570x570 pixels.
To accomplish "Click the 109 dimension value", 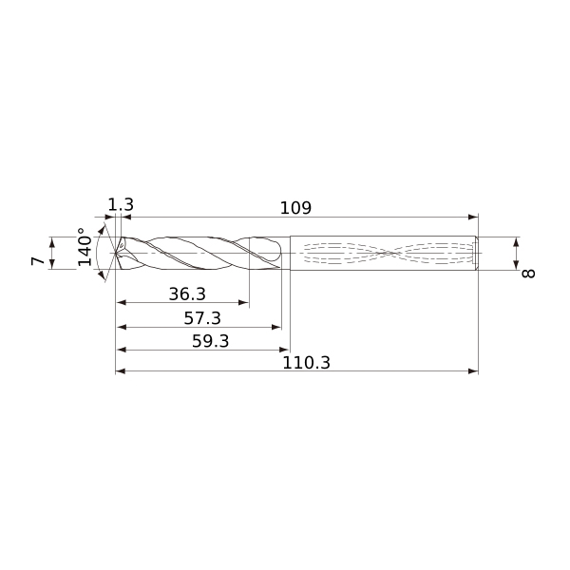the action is (x=295, y=208).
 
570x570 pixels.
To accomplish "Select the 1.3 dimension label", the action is (x=121, y=204).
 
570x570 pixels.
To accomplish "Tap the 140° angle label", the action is (x=85, y=247).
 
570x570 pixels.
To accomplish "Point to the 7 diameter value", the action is (x=38, y=260).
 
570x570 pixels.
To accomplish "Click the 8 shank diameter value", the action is (x=528, y=274).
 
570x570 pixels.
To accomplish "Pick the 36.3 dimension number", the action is (x=187, y=294).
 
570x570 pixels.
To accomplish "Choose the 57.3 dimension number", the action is (x=202, y=318).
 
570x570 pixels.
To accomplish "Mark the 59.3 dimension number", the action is (x=211, y=341).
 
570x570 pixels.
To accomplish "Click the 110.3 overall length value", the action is (x=307, y=363).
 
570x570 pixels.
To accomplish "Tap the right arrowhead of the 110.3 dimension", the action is (x=473, y=371).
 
